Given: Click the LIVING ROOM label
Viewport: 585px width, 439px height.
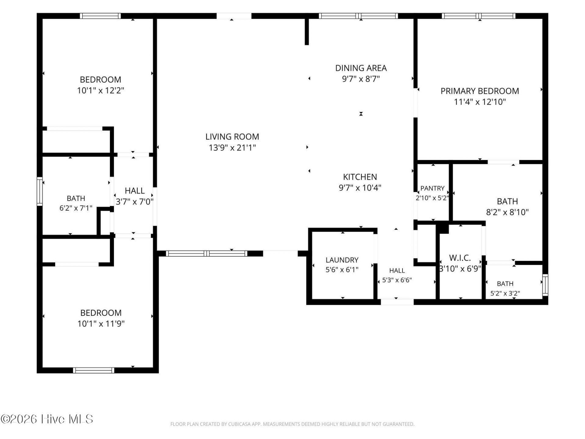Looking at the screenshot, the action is pyautogui.click(x=232, y=137).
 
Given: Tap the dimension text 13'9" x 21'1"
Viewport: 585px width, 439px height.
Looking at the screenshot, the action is pyautogui.click(x=232, y=148).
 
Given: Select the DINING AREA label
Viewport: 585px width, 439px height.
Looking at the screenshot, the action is pyautogui.click(x=361, y=68).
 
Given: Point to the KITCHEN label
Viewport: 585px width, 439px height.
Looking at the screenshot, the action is pyautogui.click(x=360, y=177).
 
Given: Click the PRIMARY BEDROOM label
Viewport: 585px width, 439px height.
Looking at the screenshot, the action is pyautogui.click(x=480, y=91).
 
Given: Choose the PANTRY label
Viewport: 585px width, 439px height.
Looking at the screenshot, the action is pyautogui.click(x=432, y=188).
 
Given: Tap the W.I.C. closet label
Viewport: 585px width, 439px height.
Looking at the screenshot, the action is pyautogui.click(x=460, y=258).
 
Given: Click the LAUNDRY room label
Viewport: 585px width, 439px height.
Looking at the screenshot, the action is pyautogui.click(x=342, y=260).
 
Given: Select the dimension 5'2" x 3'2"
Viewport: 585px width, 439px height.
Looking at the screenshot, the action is pyautogui.click(x=505, y=294).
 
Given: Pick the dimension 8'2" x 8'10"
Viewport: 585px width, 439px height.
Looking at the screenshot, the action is pyautogui.click(x=507, y=212).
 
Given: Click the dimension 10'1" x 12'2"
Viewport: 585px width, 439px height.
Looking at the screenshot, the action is pyautogui.click(x=101, y=91).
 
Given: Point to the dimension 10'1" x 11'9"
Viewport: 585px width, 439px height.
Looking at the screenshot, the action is pyautogui.click(x=101, y=323).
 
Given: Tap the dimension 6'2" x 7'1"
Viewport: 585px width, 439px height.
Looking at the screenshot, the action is pyautogui.click(x=76, y=208).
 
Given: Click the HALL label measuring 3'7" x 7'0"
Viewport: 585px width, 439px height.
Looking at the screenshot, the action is pyautogui.click(x=135, y=191).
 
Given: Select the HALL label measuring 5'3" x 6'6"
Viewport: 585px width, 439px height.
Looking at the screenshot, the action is pyautogui.click(x=397, y=270).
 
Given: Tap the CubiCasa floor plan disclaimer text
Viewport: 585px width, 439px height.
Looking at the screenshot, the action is pyautogui.click(x=292, y=424).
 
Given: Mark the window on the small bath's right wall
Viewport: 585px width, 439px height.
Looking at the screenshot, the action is pyautogui.click(x=545, y=285).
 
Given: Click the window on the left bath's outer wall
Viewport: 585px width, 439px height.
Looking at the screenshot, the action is pyautogui.click(x=40, y=191).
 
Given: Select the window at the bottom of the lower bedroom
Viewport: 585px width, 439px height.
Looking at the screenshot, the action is pyautogui.click(x=94, y=370).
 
